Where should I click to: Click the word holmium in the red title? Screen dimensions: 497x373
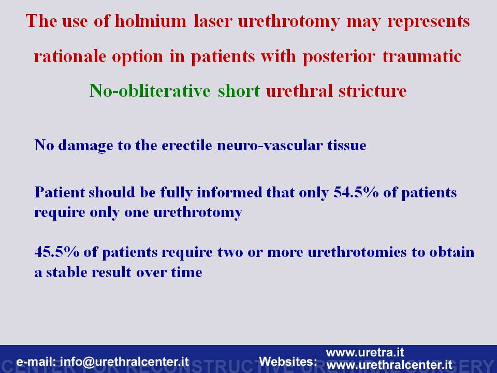click(151, 21)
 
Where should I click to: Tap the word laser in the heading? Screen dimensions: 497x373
click(213, 21)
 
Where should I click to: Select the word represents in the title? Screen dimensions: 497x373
click(429, 22)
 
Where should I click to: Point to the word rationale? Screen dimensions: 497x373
click(70, 56)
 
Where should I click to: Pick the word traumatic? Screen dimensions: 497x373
click(422, 56)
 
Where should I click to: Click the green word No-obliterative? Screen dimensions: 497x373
click(150, 91)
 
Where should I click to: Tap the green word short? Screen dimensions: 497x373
click(239, 91)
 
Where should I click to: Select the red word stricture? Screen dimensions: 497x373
click(372, 91)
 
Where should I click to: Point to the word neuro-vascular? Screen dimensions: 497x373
click(270, 145)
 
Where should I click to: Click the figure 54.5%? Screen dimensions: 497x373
click(356, 192)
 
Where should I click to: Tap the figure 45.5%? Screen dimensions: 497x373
click(57, 252)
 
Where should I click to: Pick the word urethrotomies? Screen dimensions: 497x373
click(357, 252)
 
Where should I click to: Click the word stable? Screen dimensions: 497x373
click(66, 272)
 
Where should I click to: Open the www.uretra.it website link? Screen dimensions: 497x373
click(365, 352)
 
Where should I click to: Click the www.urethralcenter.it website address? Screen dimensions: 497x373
click(389, 365)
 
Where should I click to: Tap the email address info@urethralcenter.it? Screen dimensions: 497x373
click(124, 362)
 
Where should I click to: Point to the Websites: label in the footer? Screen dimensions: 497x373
click(288, 362)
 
